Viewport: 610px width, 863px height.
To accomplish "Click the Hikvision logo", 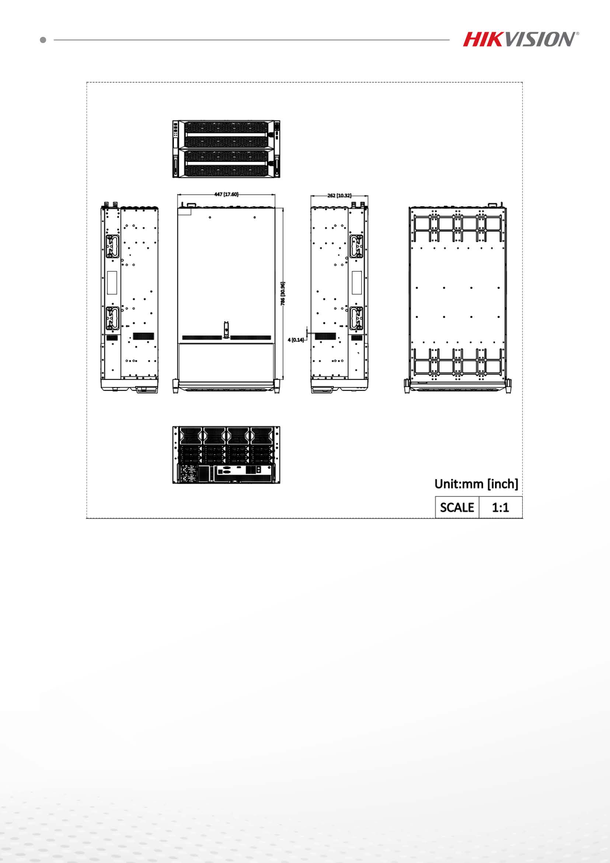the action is coord(519,39).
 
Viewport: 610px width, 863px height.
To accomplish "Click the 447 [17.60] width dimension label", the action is coord(226,194).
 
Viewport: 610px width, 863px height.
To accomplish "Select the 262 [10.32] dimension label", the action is coord(339,195).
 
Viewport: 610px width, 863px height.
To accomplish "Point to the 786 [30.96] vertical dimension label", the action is coord(283,294).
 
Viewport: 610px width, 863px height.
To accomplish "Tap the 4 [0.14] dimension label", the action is coord(296,340).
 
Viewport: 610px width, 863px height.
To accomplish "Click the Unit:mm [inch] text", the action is coord(476,484).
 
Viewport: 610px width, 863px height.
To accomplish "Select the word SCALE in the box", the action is coord(457,507).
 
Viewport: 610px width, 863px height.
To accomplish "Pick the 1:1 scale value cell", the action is coord(500,507).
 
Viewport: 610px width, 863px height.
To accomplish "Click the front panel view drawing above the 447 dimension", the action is coord(226,149).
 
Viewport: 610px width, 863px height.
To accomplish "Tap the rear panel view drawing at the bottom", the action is coord(226,455).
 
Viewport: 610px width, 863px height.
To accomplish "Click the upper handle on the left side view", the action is coord(112,247).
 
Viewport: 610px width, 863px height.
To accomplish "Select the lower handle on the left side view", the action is coord(112,319).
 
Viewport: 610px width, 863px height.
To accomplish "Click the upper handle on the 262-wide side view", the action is coord(356,246).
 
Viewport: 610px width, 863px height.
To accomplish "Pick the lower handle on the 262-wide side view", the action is coord(356,318).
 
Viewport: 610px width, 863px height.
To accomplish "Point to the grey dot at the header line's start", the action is coord(43,39).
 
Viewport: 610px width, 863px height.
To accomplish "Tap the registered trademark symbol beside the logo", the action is coord(577,34).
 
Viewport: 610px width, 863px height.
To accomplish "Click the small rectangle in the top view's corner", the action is coord(184,211).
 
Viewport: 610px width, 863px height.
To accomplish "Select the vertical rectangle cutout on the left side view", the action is coord(112,282).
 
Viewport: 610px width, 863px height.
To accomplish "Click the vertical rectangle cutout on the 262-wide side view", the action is coord(357,282).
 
